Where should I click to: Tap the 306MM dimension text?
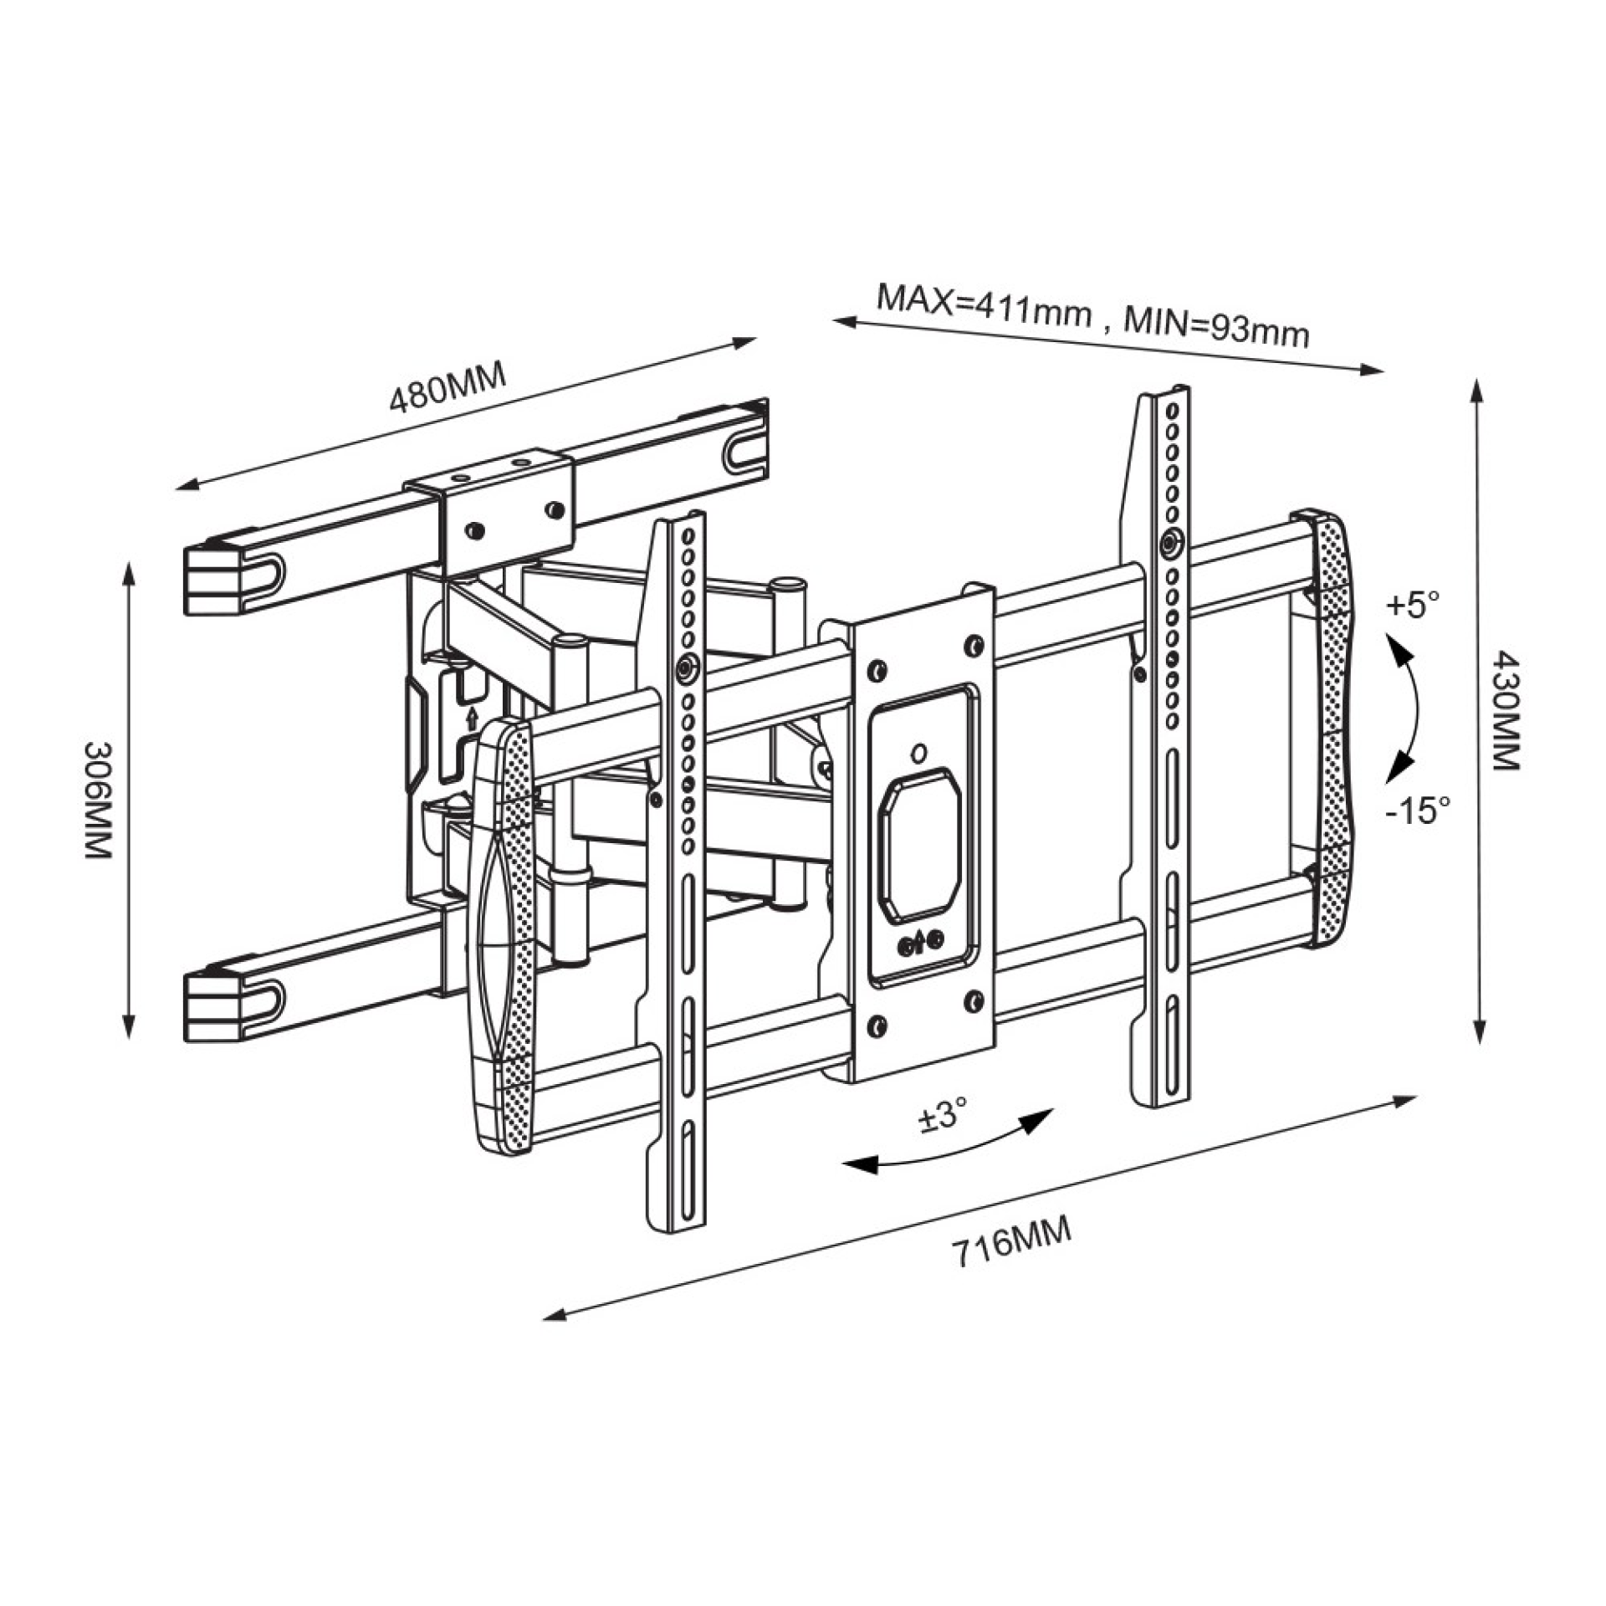coord(98,798)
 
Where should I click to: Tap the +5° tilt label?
coord(1413,605)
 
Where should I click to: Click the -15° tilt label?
coord(1417,809)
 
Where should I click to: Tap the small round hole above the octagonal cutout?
coord(918,752)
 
